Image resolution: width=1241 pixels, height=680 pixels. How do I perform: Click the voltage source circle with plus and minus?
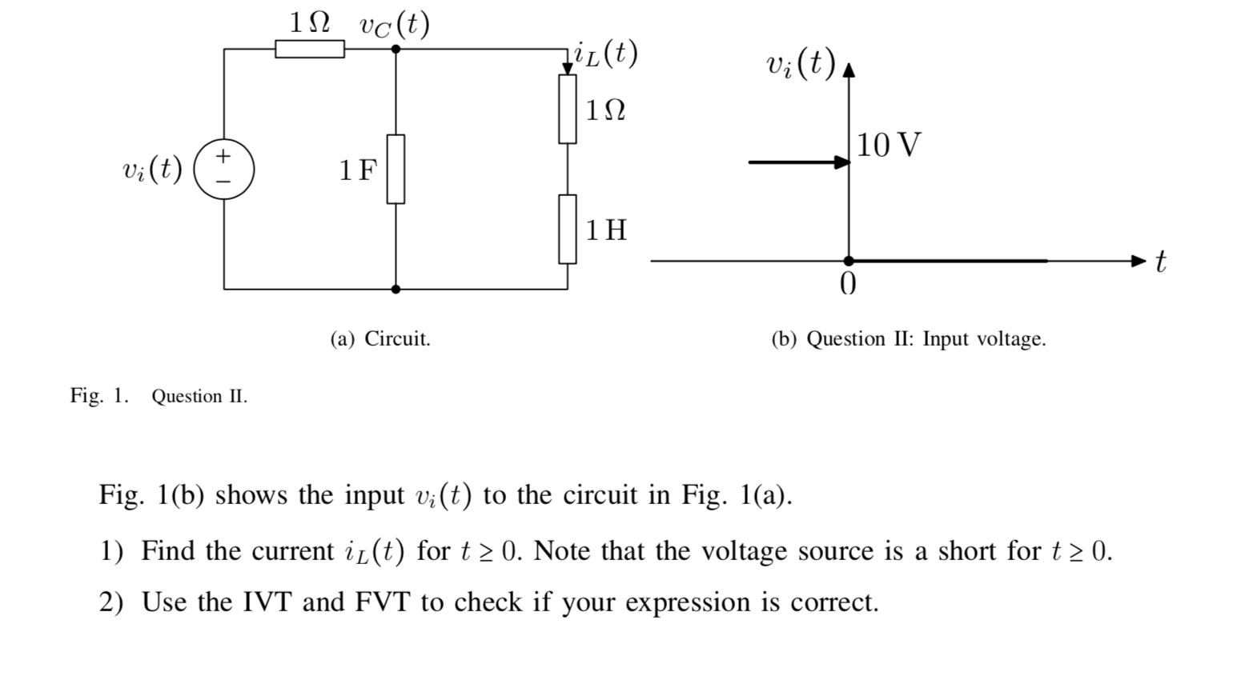[x=224, y=169]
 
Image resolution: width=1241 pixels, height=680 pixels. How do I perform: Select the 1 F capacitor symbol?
[x=396, y=169]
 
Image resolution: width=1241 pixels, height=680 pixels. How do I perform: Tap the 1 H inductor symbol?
[x=568, y=229]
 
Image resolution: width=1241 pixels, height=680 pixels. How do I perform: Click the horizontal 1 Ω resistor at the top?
[x=310, y=49]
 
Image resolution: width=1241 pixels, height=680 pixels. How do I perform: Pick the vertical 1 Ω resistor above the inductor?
[x=568, y=109]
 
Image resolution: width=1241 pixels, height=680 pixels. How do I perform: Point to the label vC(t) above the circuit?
[x=394, y=25]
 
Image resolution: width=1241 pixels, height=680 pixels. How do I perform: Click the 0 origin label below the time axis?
[x=848, y=284]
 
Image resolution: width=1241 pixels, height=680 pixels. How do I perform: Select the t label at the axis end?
[x=1160, y=261]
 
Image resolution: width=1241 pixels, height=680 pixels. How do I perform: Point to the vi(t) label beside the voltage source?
[x=152, y=169]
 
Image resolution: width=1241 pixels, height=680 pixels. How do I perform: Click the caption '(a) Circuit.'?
[x=380, y=339]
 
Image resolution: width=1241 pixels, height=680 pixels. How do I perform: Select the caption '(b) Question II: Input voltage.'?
[x=908, y=339]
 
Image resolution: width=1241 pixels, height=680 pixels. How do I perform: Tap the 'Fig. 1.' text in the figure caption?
[x=99, y=396]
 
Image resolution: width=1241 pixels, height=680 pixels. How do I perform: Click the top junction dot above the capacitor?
[x=396, y=49]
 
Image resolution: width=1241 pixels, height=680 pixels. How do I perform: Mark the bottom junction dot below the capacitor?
[x=396, y=289]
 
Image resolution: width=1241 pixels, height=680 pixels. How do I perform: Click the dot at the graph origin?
[x=849, y=261]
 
